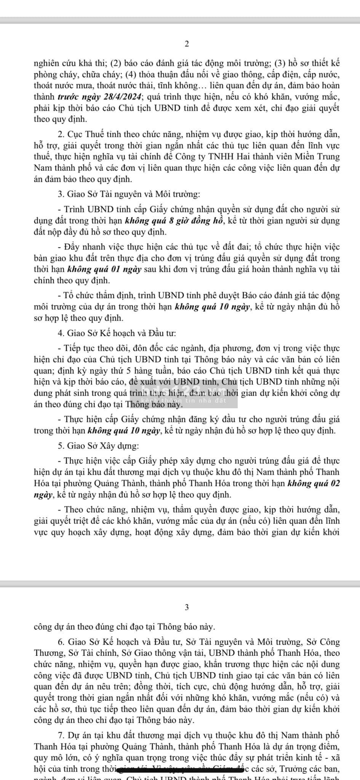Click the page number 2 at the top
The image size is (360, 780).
tap(187, 44)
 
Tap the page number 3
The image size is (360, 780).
tap(187, 607)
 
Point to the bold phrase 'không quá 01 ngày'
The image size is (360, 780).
tap(104, 270)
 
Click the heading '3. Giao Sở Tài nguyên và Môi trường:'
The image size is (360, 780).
tap(128, 194)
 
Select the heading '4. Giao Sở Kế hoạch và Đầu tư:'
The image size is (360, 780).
tap(117, 333)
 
